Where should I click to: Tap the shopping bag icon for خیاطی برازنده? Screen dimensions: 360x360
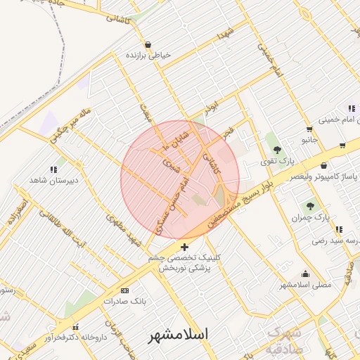pyautogui.click(x=147, y=45)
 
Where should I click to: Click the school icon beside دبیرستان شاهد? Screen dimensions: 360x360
pyautogui.click(x=53, y=169)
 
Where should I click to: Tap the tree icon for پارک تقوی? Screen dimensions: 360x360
pyautogui.click(x=277, y=149)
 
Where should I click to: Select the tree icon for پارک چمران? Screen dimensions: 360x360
pyautogui.click(x=310, y=205)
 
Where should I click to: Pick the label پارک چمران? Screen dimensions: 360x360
pyautogui.click(x=311, y=217)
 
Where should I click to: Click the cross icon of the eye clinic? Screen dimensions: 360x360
pyautogui.click(x=184, y=247)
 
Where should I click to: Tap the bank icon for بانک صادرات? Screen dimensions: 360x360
pyautogui.click(x=125, y=290)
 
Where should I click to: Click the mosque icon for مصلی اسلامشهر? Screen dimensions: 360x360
pyautogui.click(x=305, y=274)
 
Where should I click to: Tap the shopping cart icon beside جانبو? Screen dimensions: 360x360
pyautogui.click(x=309, y=129)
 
